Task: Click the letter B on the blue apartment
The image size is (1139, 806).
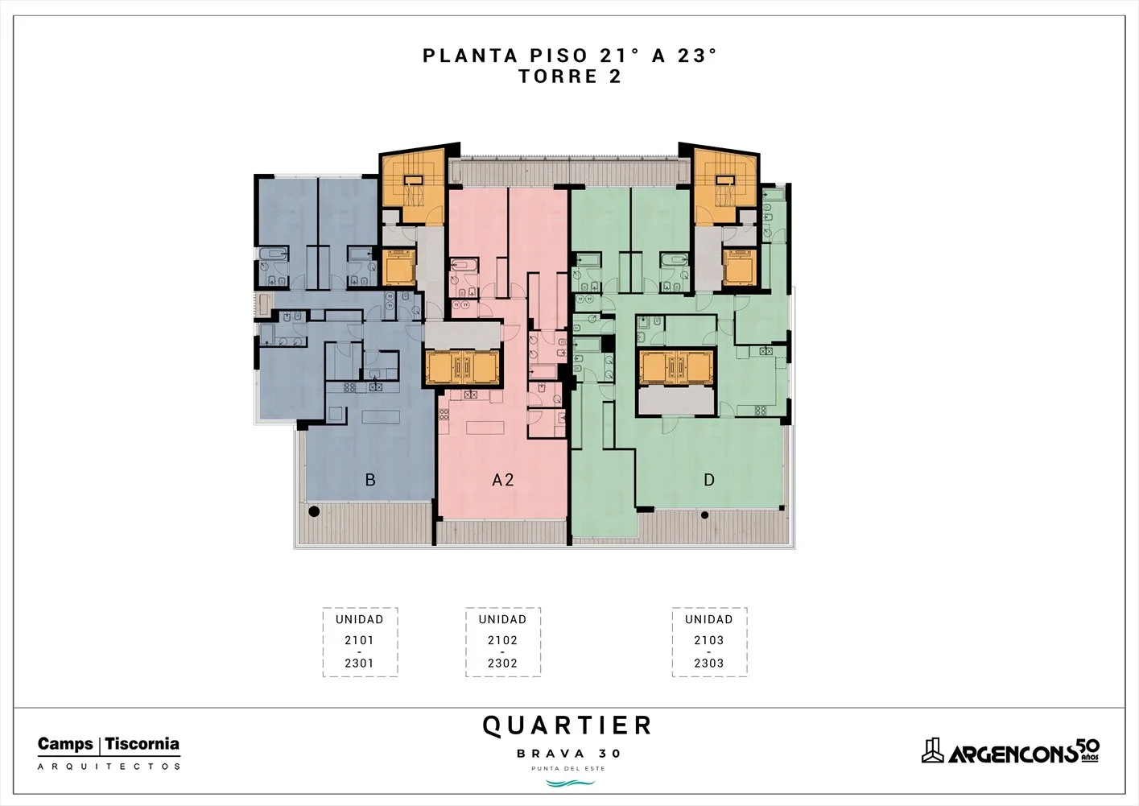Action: tap(370, 480)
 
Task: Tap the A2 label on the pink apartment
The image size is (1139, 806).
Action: tap(503, 480)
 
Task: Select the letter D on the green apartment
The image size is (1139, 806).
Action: tap(709, 480)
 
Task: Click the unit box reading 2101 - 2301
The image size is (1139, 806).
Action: tap(360, 642)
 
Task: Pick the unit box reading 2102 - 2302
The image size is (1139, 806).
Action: tap(503, 642)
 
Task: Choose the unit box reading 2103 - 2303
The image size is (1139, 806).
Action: tap(709, 642)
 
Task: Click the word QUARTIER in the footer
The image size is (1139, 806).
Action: tap(567, 725)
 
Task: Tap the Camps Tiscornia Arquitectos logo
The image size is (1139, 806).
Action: tap(109, 753)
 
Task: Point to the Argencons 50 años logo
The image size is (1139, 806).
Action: tap(1010, 751)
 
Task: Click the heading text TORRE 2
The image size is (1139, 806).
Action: tap(570, 76)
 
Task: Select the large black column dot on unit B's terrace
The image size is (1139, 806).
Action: tap(314, 511)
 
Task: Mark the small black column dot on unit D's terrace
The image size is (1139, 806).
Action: tap(705, 515)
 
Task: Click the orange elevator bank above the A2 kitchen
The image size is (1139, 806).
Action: tap(462, 366)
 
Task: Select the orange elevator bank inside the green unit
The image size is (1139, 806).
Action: tap(676, 366)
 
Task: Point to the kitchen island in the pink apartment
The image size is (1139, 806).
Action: tap(485, 427)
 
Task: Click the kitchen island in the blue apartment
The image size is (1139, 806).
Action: tap(381, 417)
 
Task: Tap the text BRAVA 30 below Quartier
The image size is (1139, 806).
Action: tap(568, 754)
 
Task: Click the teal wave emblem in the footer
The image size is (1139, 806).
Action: tap(570, 783)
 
